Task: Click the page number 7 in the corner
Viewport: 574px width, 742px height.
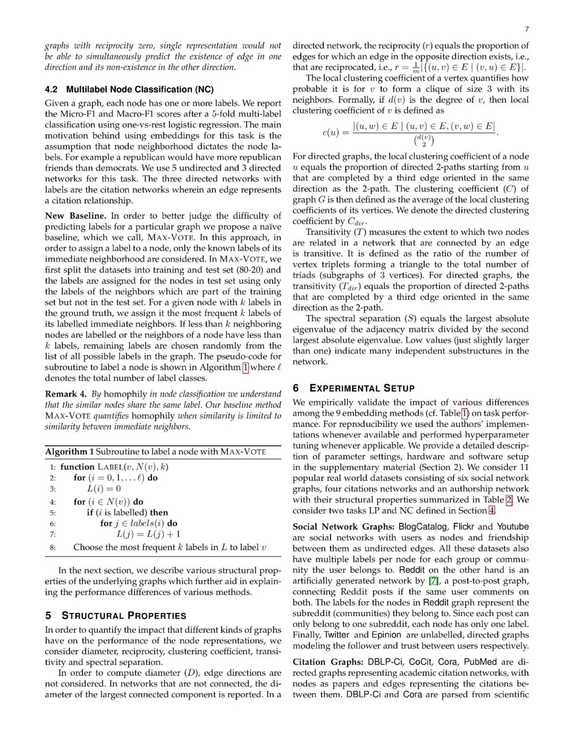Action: click(x=527, y=29)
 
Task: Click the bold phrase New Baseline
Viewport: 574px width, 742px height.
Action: click(x=75, y=216)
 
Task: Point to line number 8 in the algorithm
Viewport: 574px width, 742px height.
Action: click(x=53, y=547)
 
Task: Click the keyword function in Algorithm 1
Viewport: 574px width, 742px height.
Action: click(x=77, y=467)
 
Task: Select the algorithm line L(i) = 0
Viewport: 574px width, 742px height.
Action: click(x=104, y=489)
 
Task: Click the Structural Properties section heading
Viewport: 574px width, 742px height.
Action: click(x=123, y=616)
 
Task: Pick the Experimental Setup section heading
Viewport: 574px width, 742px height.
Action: click(x=361, y=388)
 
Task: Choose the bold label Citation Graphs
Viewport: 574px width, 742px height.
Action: click(x=327, y=662)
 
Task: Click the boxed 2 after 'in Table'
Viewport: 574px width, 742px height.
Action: click(x=509, y=500)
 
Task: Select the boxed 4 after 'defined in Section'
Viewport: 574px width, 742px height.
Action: click(x=492, y=510)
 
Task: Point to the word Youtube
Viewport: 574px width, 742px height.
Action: click(x=512, y=526)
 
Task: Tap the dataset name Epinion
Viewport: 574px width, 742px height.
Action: click(x=386, y=635)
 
